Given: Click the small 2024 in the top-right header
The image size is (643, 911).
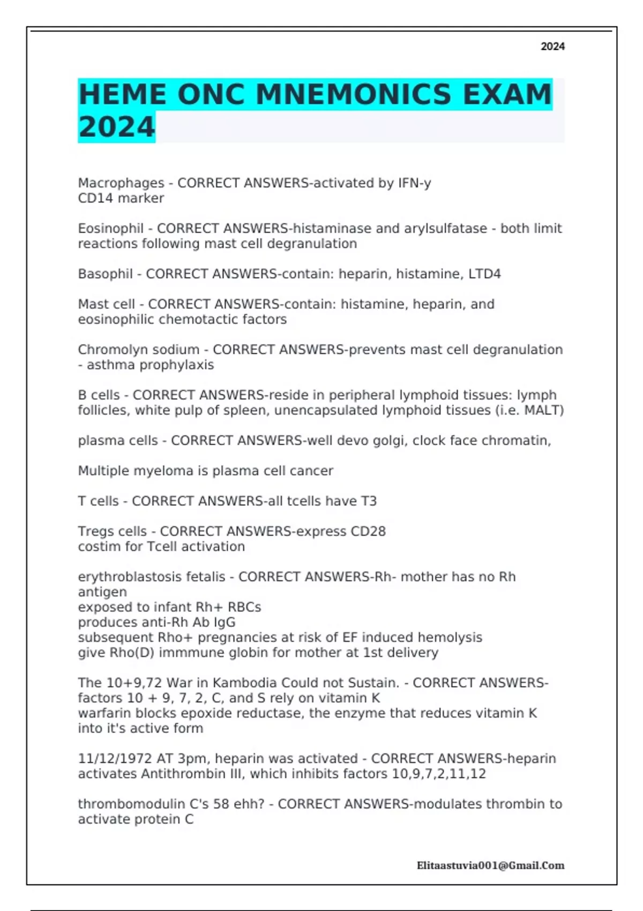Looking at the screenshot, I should tap(552, 47).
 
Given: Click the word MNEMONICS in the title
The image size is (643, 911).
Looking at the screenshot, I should tap(353, 95).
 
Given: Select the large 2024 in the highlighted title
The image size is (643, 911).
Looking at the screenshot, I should tap(117, 128).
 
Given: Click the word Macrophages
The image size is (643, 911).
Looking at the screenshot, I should tap(121, 183).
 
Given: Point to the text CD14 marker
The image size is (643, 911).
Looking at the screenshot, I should tap(121, 198).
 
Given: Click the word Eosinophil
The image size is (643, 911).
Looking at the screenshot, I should tap(111, 229).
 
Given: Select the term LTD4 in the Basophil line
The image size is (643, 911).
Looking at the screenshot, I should tap(484, 274).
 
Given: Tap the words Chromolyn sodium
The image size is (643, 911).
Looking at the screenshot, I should tap(138, 350).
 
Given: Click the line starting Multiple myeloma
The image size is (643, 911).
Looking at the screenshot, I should tap(205, 471).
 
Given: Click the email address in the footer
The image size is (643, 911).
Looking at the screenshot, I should tap(490, 865).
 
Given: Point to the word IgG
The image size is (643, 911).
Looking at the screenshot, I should tap(225, 622).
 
